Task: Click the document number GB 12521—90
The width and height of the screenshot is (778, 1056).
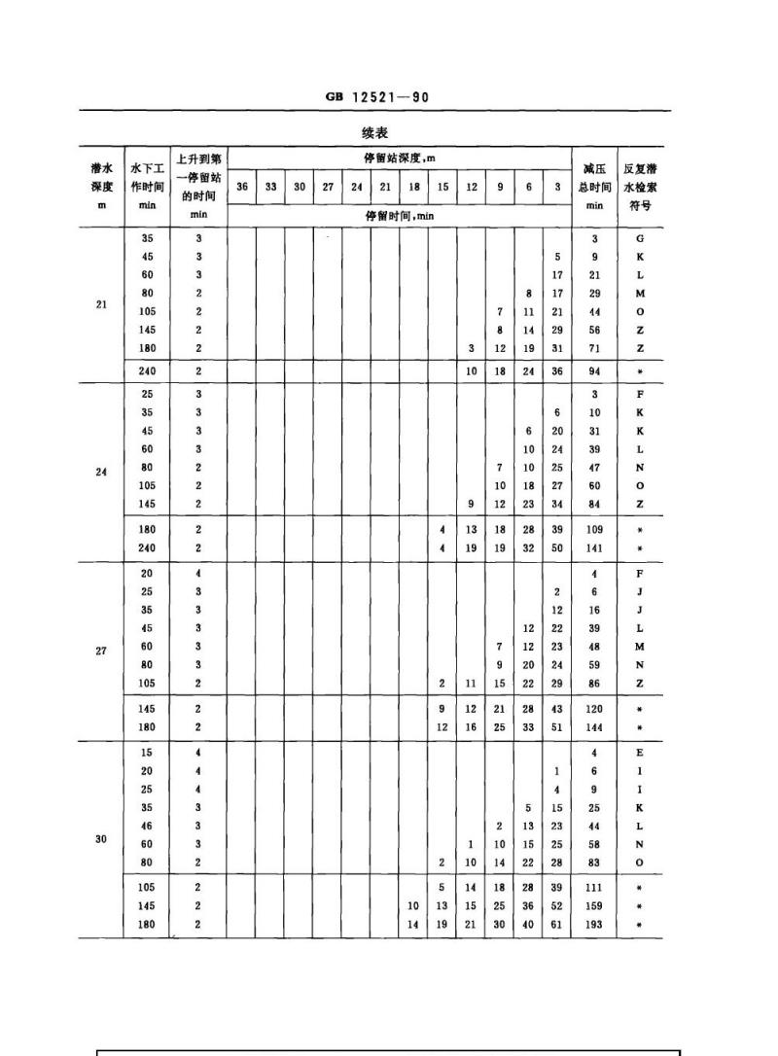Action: point(377,97)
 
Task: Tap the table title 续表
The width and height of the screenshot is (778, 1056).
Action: point(374,132)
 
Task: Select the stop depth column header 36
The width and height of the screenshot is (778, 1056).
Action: point(241,187)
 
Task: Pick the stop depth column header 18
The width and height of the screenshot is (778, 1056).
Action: point(414,187)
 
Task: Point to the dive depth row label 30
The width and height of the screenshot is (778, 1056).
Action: point(101,836)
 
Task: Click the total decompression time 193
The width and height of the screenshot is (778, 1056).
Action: point(594,925)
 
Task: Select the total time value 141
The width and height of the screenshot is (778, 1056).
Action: point(594,548)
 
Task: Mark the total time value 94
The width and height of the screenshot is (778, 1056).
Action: point(594,370)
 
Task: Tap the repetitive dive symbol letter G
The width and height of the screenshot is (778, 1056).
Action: point(639,238)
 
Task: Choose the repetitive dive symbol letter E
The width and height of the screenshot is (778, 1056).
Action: point(639,753)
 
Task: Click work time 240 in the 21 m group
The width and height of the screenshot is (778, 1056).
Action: point(147,370)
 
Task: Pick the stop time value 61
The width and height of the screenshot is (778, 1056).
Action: point(557,925)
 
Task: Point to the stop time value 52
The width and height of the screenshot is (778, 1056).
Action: point(557,906)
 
